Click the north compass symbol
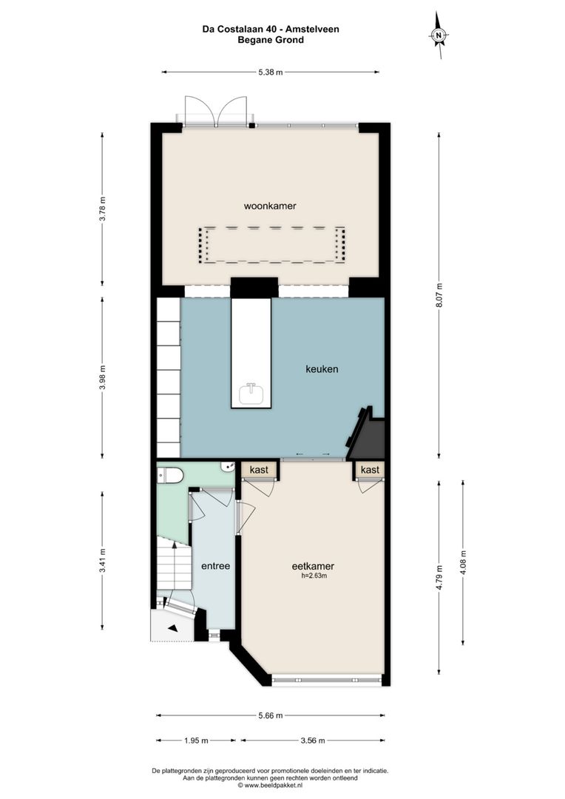pyautogui.click(x=439, y=35)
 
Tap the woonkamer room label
pyautogui.click(x=264, y=206)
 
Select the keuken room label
pyautogui.click(x=322, y=368)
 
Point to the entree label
pyautogui.click(x=216, y=566)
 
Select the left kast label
pyautogui.click(x=259, y=470)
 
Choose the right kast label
pyautogui.click(x=370, y=470)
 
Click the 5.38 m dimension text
pyautogui.click(x=271, y=73)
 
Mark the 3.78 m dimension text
pyautogui.click(x=103, y=209)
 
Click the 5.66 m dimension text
pyautogui.click(x=271, y=715)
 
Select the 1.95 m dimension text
pyautogui.click(x=195, y=740)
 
